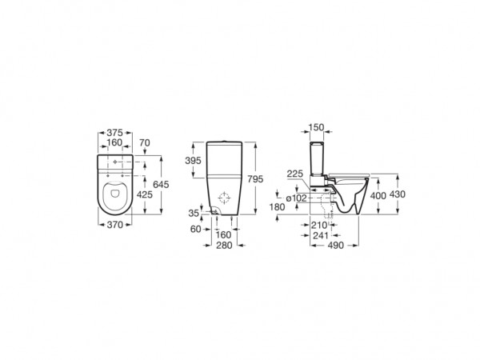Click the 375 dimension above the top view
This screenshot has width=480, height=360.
[x=114, y=133]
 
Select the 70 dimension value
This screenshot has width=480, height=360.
[x=145, y=143]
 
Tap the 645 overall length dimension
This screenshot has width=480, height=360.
[x=161, y=185]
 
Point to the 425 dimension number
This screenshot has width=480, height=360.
[x=145, y=194]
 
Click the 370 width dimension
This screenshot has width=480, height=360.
[x=114, y=225]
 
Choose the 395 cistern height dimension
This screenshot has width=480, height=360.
[x=193, y=161]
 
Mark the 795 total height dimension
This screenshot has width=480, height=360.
[x=255, y=179]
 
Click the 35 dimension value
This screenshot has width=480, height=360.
[x=194, y=213]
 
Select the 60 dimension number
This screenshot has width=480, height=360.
[x=196, y=229]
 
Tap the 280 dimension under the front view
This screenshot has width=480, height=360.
[x=224, y=246]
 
